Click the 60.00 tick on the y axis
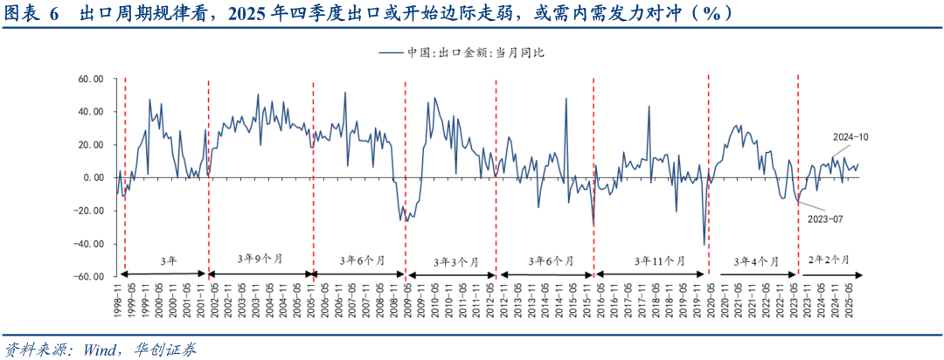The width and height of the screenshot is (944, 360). (x=91, y=79)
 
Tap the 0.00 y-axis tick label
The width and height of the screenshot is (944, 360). (x=94, y=177)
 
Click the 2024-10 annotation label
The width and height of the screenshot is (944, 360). (x=850, y=138)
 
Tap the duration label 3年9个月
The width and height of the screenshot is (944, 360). (x=260, y=260)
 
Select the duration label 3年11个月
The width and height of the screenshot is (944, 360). (x=651, y=260)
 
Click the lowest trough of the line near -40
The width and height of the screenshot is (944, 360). (x=704, y=245)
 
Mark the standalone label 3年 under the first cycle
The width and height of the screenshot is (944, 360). (x=168, y=260)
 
